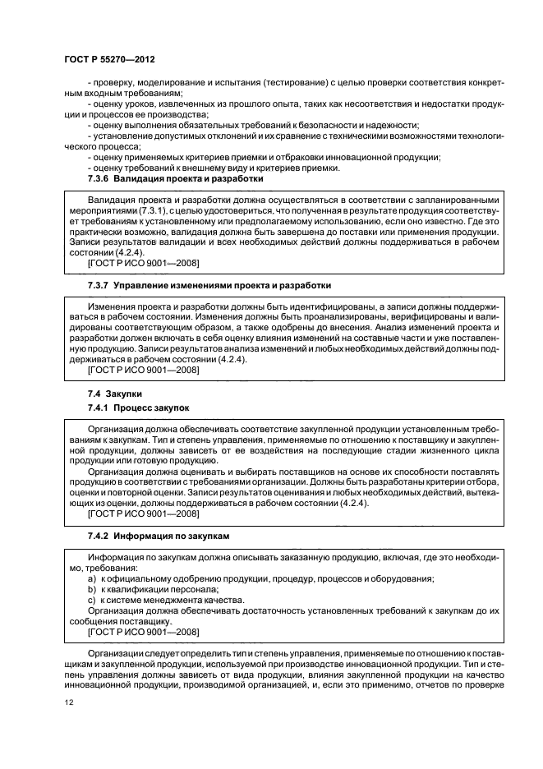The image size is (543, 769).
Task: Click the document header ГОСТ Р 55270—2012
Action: (x=108, y=61)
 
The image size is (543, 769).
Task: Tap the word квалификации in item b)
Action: (x=136, y=589)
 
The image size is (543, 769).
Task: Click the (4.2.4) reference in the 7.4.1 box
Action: (x=353, y=503)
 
